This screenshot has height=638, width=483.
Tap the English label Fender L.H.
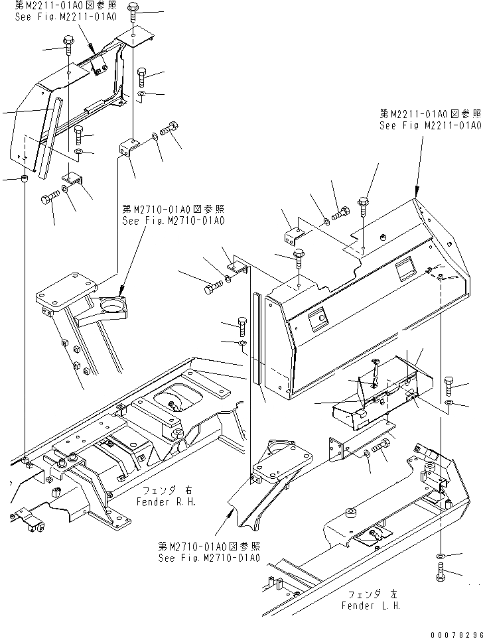click(x=371, y=606)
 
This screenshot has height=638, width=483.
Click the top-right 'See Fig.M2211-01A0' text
click(x=430, y=125)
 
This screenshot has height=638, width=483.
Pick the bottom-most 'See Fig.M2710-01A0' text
click(x=208, y=558)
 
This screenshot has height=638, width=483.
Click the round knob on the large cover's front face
click(x=321, y=318)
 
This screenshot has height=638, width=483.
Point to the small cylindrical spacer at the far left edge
click(x=25, y=180)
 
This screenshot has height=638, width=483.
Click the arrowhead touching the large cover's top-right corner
click(x=416, y=192)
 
